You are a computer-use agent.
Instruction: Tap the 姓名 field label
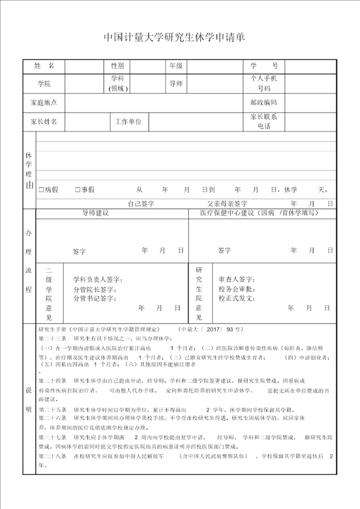pos(44,66)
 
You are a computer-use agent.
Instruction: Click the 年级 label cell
pos(176,66)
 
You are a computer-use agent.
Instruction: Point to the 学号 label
pos(263,66)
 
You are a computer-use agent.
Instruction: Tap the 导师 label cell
pos(176,83)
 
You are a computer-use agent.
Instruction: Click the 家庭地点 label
pos(44,102)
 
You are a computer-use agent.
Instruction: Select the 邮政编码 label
pos(263,102)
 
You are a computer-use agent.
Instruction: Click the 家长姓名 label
pos(44,121)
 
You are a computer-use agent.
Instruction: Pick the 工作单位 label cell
pos(128,121)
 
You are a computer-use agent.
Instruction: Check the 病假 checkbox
pos(41,189)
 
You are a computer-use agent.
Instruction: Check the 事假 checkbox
pos(77,189)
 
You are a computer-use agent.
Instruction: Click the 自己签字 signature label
pos(141,204)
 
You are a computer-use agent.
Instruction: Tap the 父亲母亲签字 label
pos(227,204)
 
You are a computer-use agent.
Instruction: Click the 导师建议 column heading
pos(95,213)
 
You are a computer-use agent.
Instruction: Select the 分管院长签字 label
pos(94,289)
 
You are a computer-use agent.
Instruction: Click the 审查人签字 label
pos(236,279)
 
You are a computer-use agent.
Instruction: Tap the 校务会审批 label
pos(236,289)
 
